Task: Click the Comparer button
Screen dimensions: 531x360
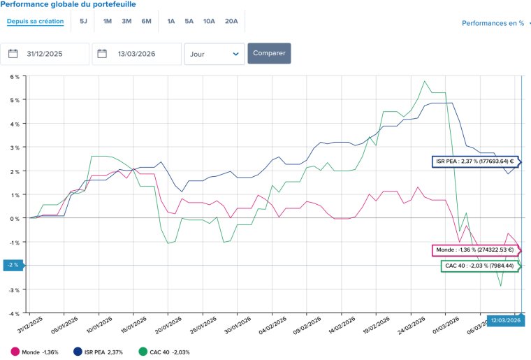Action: [269, 53]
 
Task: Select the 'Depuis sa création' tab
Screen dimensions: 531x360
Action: [35, 21]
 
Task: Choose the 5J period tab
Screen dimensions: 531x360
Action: [83, 21]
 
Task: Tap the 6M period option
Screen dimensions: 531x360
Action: [146, 21]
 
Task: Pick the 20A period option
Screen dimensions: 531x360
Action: [231, 21]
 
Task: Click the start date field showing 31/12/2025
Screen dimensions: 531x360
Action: [45, 54]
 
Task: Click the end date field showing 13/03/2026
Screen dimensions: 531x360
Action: [137, 54]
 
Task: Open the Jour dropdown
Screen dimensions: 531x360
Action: [214, 54]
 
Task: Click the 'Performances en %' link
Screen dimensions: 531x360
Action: [493, 23]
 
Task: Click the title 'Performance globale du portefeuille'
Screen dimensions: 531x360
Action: [68, 4]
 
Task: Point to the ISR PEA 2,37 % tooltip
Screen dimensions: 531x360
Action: [475, 161]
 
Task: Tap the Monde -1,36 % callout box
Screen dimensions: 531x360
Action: [475, 250]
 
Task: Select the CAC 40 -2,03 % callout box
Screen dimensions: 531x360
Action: [479, 266]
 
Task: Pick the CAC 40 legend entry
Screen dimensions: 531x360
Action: [165, 352]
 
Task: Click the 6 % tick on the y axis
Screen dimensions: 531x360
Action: [15, 77]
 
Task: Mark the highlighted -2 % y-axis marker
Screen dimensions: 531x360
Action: [13, 265]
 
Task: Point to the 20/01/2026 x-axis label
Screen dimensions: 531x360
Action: [168, 325]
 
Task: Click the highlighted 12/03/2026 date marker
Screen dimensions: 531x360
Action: [506, 320]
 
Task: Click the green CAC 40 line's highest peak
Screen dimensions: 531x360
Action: [424, 81]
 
